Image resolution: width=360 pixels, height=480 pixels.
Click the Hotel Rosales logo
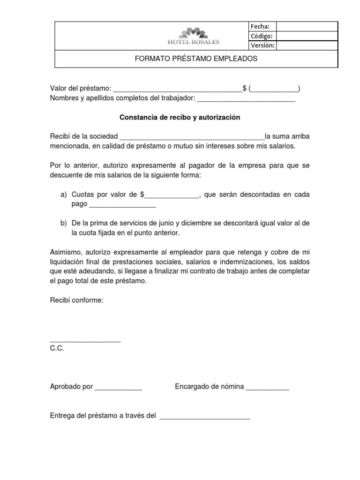click(x=193, y=36)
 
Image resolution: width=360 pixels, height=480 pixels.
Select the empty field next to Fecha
click(x=307, y=26)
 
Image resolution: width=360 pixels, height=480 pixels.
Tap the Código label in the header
click(x=262, y=36)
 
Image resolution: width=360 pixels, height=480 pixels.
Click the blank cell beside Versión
click(x=307, y=45)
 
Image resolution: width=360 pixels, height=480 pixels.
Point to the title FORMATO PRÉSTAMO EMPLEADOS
click(x=196, y=59)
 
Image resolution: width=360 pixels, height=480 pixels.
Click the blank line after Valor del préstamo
click(x=178, y=89)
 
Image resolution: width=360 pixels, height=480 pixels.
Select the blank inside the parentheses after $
click(x=275, y=89)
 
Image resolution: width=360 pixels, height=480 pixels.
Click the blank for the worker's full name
click(x=246, y=99)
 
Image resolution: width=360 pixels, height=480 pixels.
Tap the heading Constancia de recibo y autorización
click(x=180, y=118)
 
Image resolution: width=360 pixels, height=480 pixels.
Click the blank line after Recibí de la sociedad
click(x=192, y=137)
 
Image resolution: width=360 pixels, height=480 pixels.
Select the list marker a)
click(x=63, y=195)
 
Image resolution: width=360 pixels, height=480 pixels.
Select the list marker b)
click(x=63, y=223)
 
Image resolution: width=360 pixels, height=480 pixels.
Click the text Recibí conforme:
click(x=76, y=300)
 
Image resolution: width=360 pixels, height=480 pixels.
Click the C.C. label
click(x=57, y=349)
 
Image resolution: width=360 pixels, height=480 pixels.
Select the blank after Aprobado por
click(x=118, y=388)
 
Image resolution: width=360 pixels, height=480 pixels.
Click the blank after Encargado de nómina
click(x=267, y=388)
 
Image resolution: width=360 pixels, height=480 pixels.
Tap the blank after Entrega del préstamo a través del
click(x=205, y=416)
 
